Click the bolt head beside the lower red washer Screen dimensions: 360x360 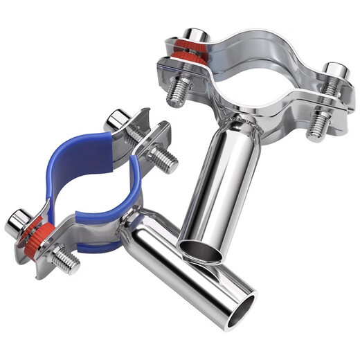[x=17, y=222]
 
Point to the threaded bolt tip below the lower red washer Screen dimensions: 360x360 [x=65, y=261]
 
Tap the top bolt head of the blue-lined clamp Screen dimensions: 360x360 [x=117, y=122]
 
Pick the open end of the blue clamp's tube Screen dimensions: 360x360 [x=237, y=302]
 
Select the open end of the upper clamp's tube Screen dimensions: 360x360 [x=201, y=251]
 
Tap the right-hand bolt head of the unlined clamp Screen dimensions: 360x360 [x=336, y=72]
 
